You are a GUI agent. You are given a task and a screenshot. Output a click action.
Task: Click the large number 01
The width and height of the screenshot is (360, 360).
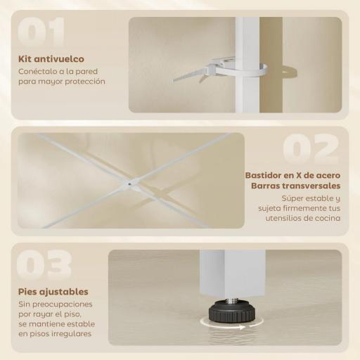pyautogui.click(x=41, y=32)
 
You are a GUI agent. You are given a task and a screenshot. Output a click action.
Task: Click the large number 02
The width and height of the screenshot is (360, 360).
pyautogui.click(x=311, y=148)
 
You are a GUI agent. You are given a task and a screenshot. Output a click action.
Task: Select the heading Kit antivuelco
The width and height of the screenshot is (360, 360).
pyautogui.click(x=49, y=58)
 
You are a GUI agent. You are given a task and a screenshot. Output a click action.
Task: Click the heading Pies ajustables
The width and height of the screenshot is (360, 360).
pyautogui.click(x=53, y=291)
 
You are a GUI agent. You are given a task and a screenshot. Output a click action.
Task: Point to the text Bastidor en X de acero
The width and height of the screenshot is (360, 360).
pyautogui.click(x=292, y=175)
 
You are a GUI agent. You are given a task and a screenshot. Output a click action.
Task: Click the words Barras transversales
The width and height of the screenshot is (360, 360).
pyautogui.click(x=295, y=186)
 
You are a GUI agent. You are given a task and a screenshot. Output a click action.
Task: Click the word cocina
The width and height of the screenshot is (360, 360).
pyautogui.click(x=327, y=219)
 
